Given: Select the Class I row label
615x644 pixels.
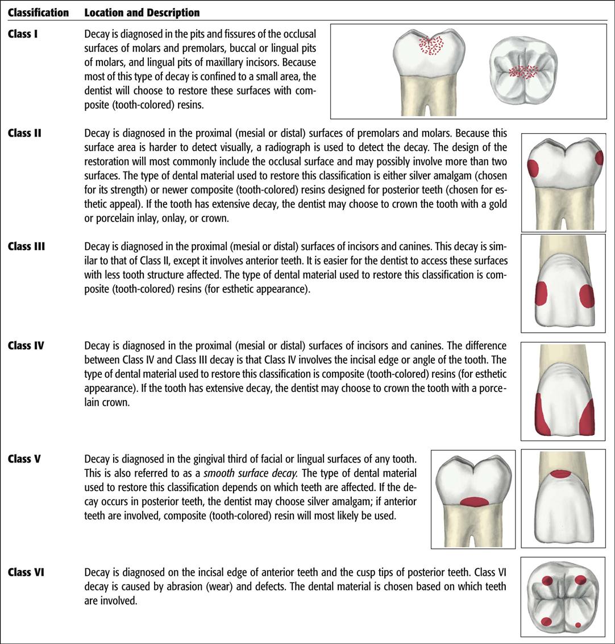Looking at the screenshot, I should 23,34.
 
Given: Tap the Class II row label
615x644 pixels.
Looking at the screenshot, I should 25,134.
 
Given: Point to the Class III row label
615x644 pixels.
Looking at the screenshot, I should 27,246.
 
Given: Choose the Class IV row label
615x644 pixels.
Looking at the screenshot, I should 27,345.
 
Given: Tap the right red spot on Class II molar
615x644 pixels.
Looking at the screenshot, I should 599,157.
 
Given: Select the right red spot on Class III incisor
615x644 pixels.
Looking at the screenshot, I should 587,296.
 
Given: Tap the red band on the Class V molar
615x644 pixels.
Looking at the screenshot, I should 473,502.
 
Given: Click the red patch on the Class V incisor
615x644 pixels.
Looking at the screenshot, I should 561,473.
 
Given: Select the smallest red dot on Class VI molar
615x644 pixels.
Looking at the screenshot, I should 578,625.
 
